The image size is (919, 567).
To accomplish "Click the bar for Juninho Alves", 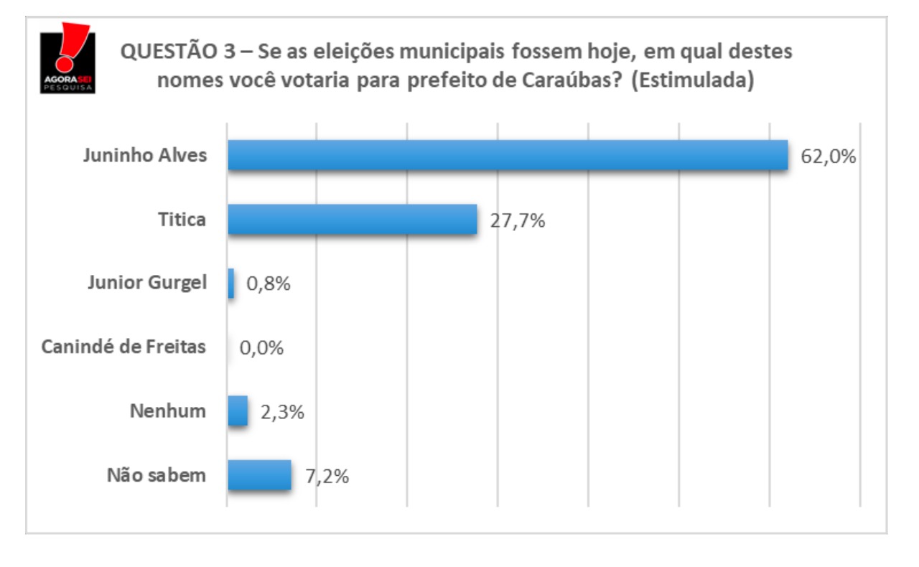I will pyautogui.click(x=508, y=155).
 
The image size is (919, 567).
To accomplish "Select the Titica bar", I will pyautogui.click(x=353, y=219).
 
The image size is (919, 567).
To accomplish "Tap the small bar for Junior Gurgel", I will pyautogui.click(x=231, y=283).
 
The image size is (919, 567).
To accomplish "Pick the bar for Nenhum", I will pyautogui.click(x=238, y=412).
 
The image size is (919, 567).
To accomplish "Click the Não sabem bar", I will pyautogui.click(x=259, y=475).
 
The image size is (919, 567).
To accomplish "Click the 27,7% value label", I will pyautogui.click(x=517, y=220).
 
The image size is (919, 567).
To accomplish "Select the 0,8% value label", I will pyautogui.click(x=269, y=284).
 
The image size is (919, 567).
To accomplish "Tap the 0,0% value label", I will pyautogui.click(x=261, y=348).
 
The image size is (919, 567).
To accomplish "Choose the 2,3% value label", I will pyautogui.click(x=282, y=413).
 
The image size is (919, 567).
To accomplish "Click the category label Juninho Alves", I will pyautogui.click(x=144, y=156).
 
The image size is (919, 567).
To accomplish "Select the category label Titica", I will pyautogui.click(x=182, y=220).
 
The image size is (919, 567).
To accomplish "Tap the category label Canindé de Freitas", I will pyautogui.click(x=123, y=347).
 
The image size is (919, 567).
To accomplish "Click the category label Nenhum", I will pyautogui.click(x=167, y=411).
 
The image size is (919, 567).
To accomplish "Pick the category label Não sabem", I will pyautogui.click(x=156, y=475).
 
